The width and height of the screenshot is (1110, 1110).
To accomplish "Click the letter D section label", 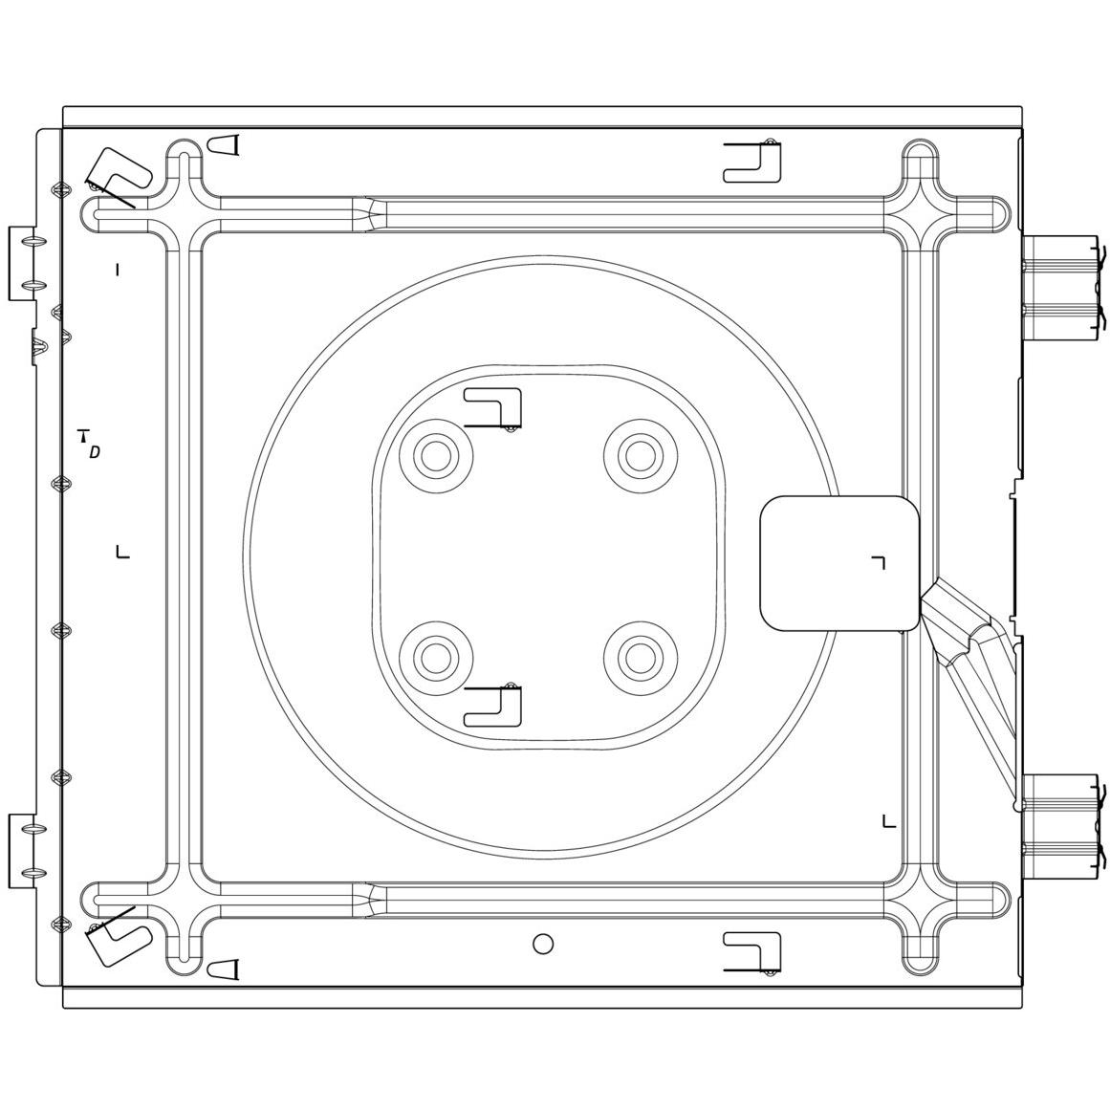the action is (x=94, y=451).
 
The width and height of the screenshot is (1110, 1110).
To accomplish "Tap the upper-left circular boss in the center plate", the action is (x=436, y=456).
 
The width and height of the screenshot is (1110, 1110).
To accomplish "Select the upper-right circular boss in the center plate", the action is (x=640, y=456).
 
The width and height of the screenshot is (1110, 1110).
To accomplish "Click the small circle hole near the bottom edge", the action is (x=543, y=943).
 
